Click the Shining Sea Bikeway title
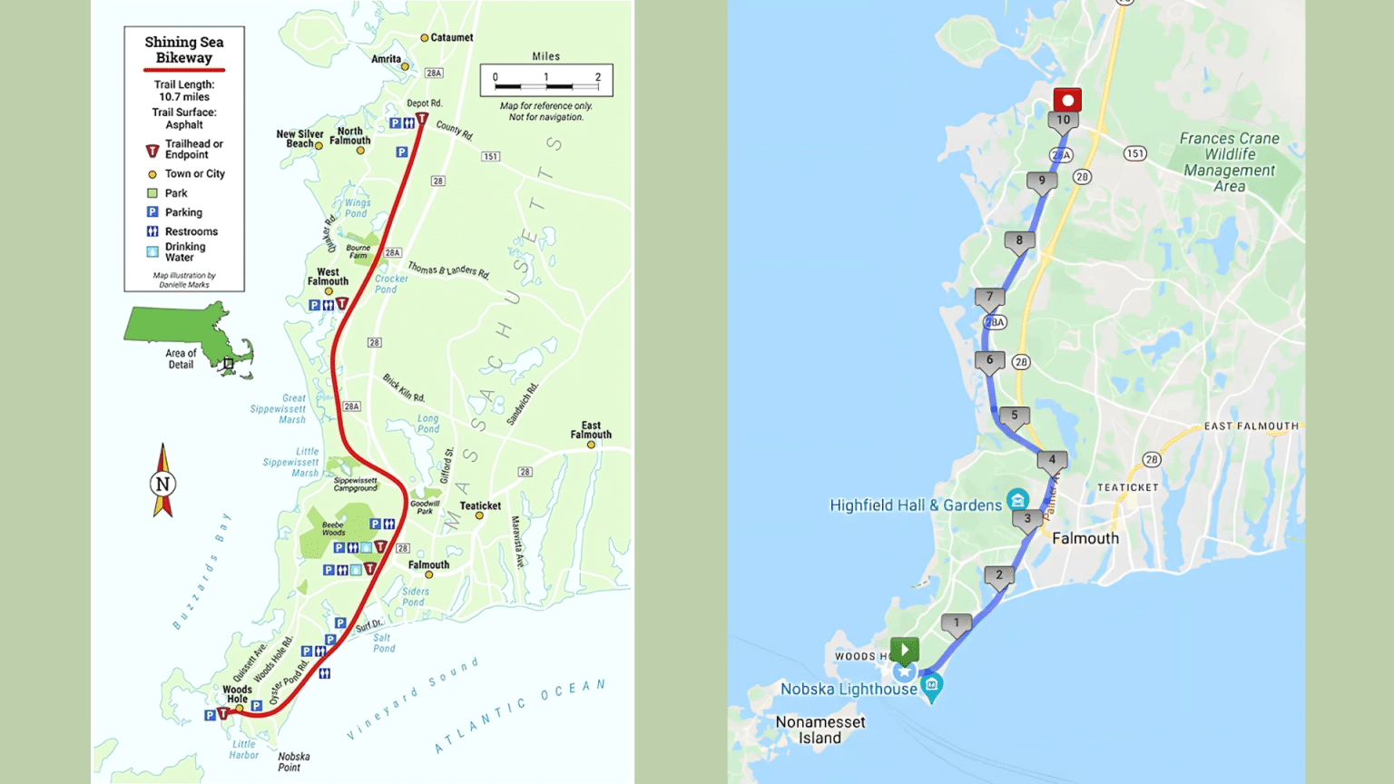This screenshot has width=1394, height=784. click(184, 50)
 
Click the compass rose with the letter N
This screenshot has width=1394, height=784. click(163, 482)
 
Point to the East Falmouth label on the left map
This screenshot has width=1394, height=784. click(591, 430)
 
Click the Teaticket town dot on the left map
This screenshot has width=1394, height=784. click(479, 515)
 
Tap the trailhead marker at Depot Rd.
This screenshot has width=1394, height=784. click(422, 119)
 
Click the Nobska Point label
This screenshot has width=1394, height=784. click(294, 761)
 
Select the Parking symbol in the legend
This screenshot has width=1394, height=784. click(152, 212)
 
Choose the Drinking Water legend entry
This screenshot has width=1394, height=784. click(184, 251)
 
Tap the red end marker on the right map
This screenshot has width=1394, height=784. click(1067, 100)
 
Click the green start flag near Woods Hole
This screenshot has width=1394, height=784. click(904, 650)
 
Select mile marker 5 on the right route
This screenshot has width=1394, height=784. click(1015, 416)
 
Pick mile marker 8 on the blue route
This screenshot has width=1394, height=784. click(1019, 241)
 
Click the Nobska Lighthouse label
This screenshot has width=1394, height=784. click(849, 689)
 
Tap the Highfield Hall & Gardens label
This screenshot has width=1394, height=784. click(916, 505)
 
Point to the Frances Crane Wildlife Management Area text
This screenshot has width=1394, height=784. click(1230, 162)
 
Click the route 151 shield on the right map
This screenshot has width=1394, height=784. click(1134, 153)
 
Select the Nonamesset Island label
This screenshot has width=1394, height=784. click(820, 730)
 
